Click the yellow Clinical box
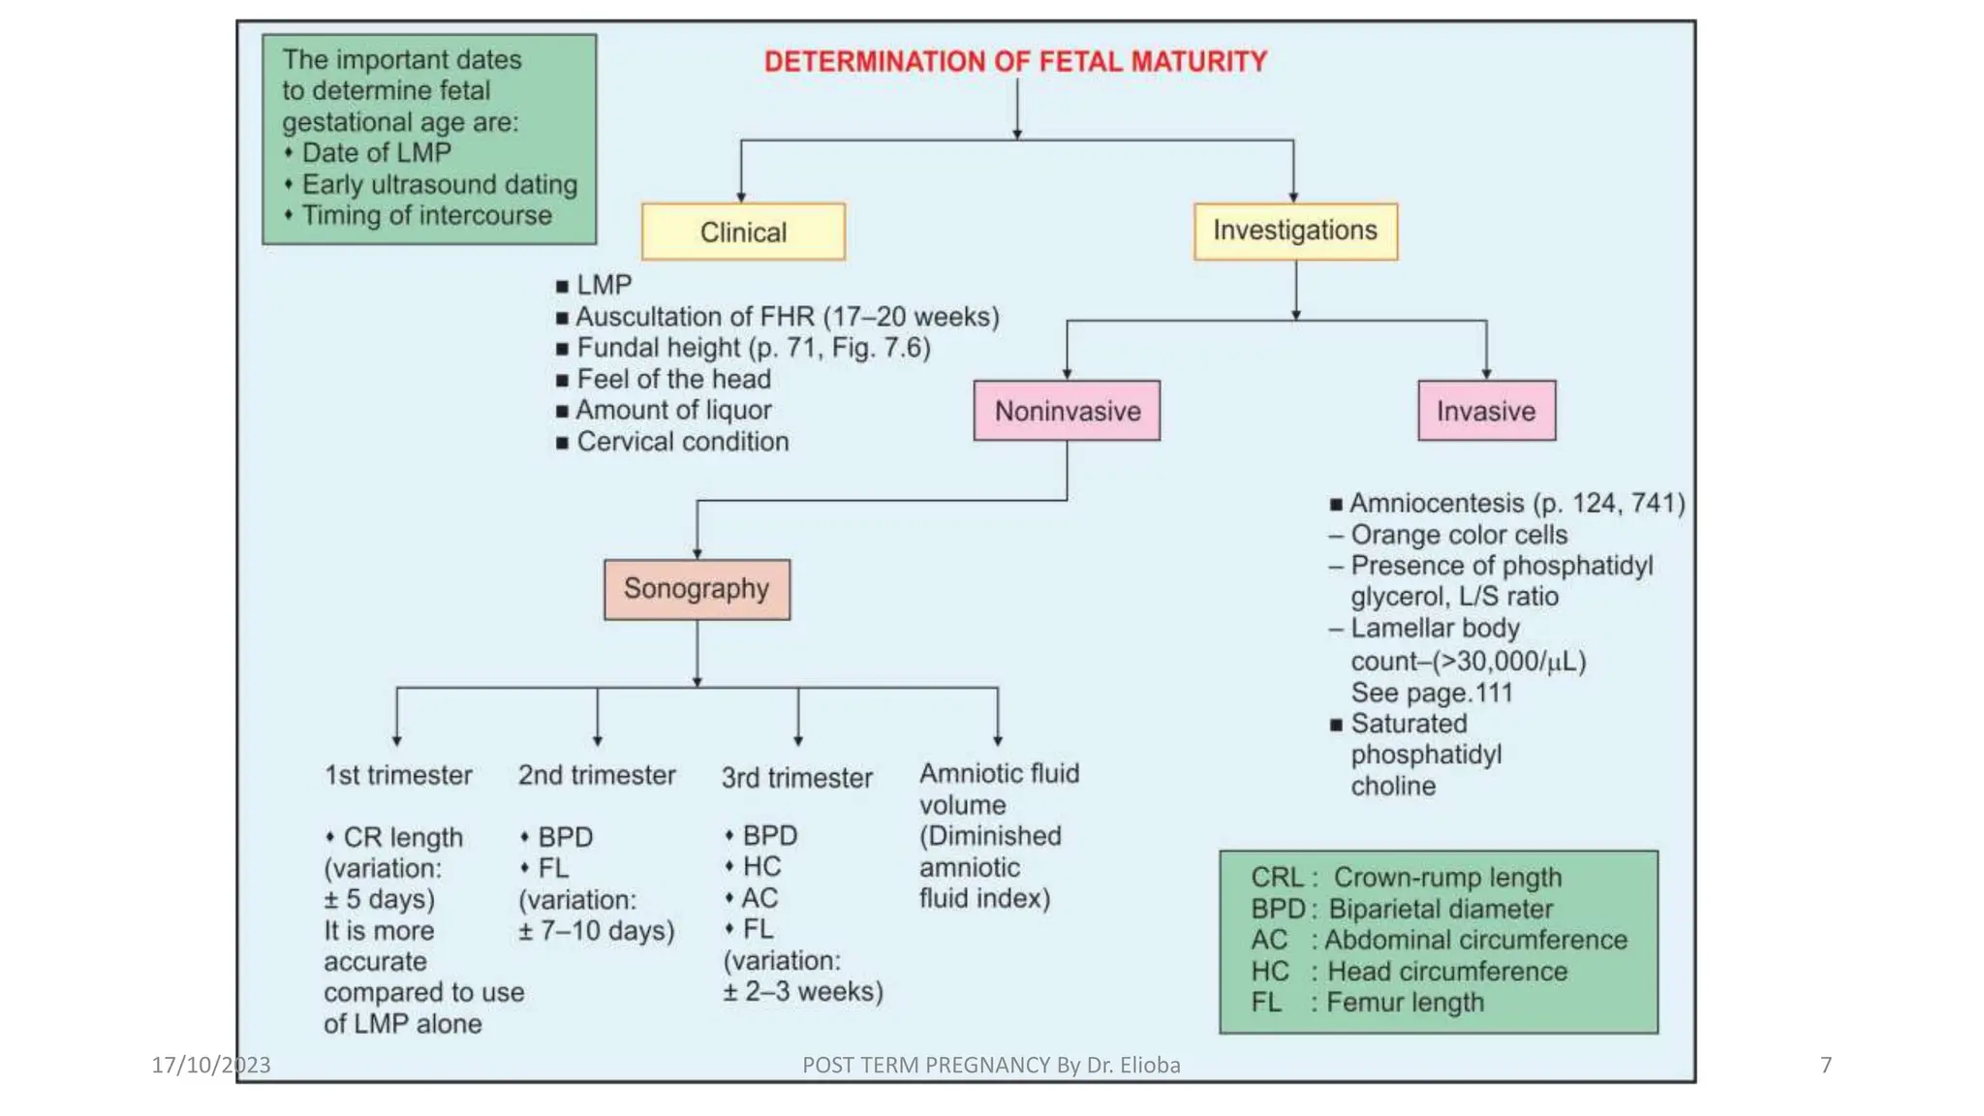(x=743, y=232)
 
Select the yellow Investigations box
(x=1295, y=232)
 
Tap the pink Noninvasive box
(x=1067, y=411)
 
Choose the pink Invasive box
(x=1486, y=411)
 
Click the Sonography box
(x=697, y=589)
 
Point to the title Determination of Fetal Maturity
(x=1015, y=62)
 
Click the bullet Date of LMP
(x=376, y=153)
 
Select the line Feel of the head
(x=673, y=379)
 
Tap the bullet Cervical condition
(x=682, y=442)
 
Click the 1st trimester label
(x=398, y=775)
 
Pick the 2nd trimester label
(x=597, y=775)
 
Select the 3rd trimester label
(x=796, y=778)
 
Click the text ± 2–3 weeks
(x=803, y=992)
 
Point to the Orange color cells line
(x=1458, y=535)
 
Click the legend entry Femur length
(x=1404, y=1003)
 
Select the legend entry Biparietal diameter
(x=1440, y=909)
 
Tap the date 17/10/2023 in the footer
(x=211, y=1066)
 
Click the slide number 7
(x=1826, y=1066)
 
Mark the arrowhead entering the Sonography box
(x=697, y=553)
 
